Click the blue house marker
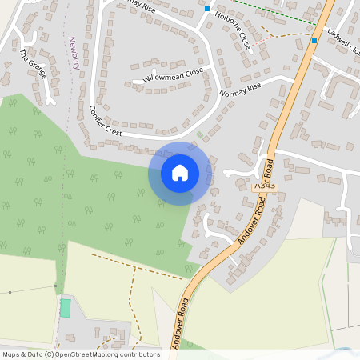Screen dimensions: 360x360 (180, 172)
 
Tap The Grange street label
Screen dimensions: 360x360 (34, 64)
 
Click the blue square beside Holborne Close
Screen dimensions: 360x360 (207, 9)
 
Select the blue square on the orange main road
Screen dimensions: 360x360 (314, 40)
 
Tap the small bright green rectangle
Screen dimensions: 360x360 (65, 307)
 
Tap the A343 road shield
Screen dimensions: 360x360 (264, 185)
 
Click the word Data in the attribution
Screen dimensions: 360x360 (32, 354)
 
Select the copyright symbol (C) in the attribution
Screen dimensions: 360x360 (49, 354)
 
